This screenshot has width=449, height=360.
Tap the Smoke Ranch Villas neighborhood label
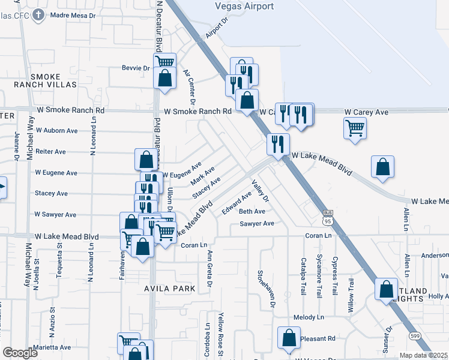pyautogui.click(x=54, y=80)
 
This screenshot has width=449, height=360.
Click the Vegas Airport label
pyautogui.click(x=244, y=7)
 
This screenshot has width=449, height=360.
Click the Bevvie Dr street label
pyautogui.click(x=135, y=68)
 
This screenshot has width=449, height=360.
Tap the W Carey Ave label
pyautogui.click(x=366, y=112)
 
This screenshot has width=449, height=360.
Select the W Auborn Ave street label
pyautogui.click(x=56, y=130)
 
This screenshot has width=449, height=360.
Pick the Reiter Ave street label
pyautogui.click(x=50, y=152)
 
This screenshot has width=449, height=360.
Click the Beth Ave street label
pyautogui.click(x=252, y=211)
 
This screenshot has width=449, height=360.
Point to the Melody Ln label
pyautogui.click(x=309, y=317)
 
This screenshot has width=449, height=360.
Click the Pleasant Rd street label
pyautogui.click(x=318, y=338)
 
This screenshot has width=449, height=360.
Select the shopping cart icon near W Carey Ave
pyautogui.click(x=355, y=127)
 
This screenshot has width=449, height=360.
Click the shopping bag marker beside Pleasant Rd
pyautogui.click(x=289, y=338)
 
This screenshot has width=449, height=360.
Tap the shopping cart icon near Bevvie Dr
pyautogui.click(x=164, y=62)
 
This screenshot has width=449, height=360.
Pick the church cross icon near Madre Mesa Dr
pyautogui.click(x=39, y=14)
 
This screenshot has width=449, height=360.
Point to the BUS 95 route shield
pyautogui.click(x=328, y=217)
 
